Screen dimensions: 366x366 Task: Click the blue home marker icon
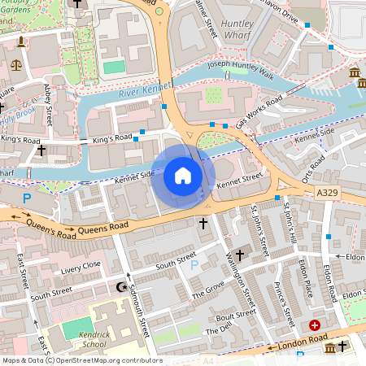tap(183, 175)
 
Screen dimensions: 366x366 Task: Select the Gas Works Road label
tap(259, 111)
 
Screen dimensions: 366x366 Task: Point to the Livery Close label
tap(81, 265)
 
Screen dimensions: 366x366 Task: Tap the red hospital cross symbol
tap(315, 325)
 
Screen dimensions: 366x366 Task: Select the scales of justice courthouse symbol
tap(17, 64)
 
